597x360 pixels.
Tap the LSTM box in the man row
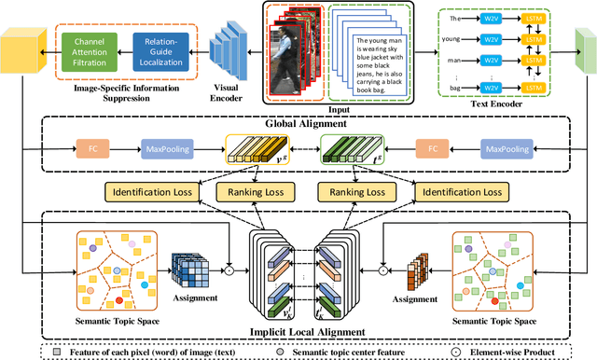534,61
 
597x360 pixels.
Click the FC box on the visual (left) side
90,148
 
